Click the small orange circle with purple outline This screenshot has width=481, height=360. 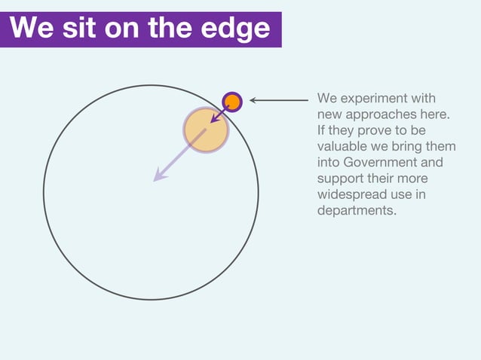click(232, 101)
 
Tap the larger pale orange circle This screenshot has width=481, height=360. click(205, 130)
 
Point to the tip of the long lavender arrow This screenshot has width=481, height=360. click(155, 180)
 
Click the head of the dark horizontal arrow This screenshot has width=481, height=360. click(253, 100)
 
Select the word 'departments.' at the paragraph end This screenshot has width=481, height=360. click(357, 210)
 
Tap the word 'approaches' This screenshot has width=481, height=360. click(382, 114)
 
